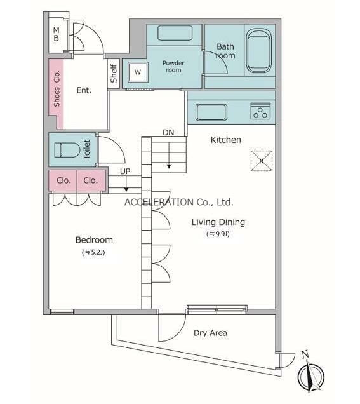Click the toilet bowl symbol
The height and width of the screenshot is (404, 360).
(67, 150)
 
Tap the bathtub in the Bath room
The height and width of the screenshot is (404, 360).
(259, 51)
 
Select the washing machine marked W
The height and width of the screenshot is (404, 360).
(138, 72)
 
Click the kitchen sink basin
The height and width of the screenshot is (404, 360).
(211, 112)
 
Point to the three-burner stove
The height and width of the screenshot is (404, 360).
(260, 111)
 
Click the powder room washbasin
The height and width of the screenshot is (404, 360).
(175, 33)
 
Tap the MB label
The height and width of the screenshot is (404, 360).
(56, 34)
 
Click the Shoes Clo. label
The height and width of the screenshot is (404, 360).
(57, 88)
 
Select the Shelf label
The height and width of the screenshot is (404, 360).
(113, 74)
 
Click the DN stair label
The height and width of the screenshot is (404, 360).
(168, 132)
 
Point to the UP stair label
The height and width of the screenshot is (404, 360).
(125, 172)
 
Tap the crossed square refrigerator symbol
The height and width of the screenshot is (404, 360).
(262, 161)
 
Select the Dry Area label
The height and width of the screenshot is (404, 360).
(210, 333)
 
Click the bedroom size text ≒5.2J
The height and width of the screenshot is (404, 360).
(93, 252)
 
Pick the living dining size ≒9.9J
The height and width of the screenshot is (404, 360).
(218, 234)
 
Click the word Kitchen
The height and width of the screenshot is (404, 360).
(226, 140)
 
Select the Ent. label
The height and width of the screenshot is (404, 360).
(84, 90)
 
